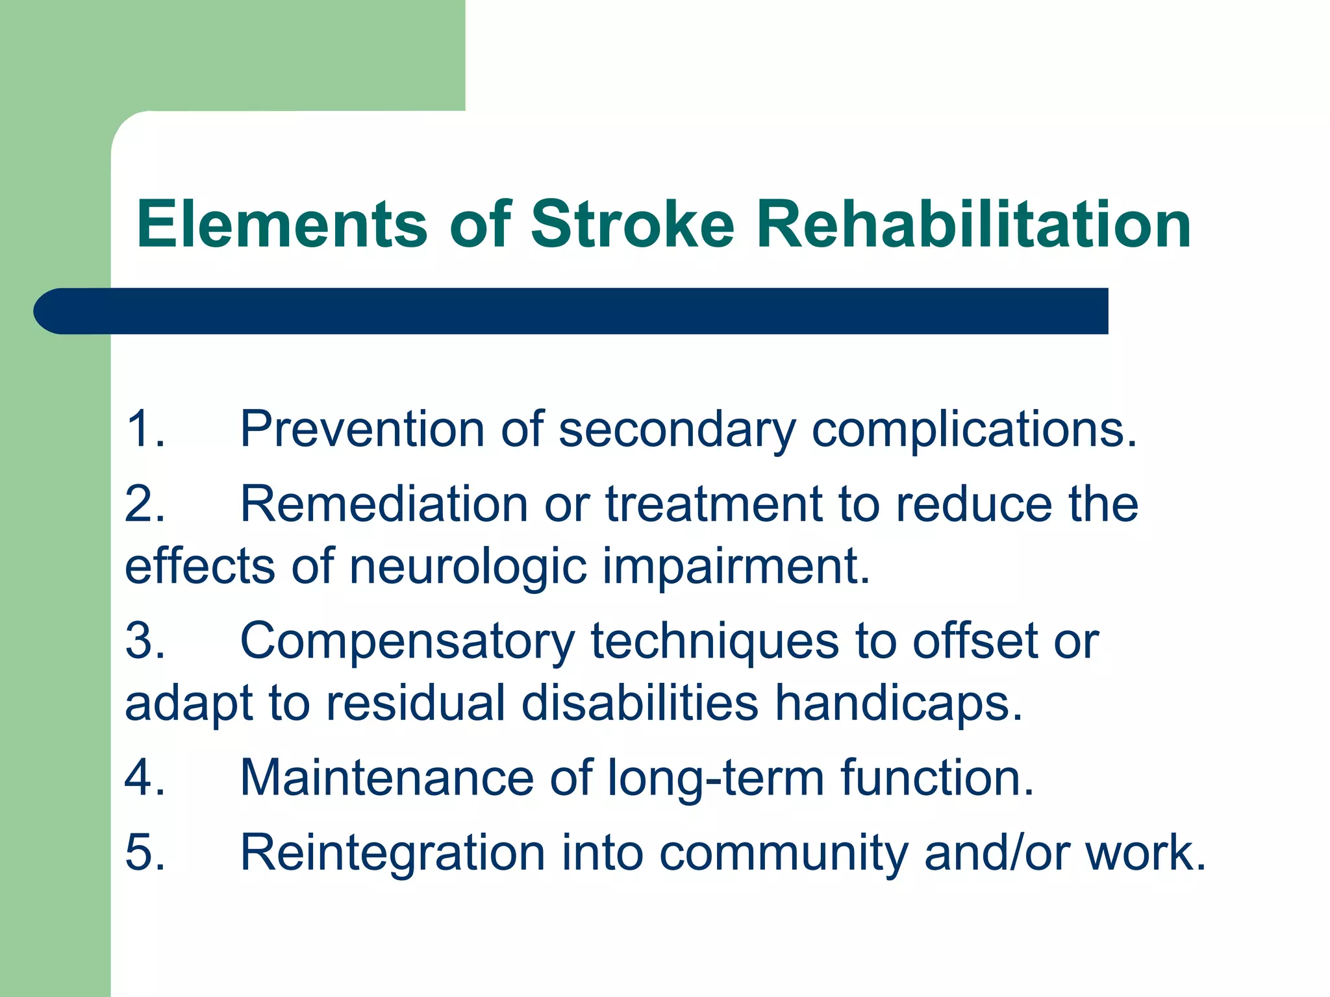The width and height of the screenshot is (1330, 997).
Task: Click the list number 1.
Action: tap(144, 429)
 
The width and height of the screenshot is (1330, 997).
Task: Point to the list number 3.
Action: tap(144, 641)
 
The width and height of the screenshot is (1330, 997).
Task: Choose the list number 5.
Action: tap(144, 852)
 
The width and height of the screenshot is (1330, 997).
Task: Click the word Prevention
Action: tap(362, 429)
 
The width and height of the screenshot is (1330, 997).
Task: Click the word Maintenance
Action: tap(387, 778)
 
